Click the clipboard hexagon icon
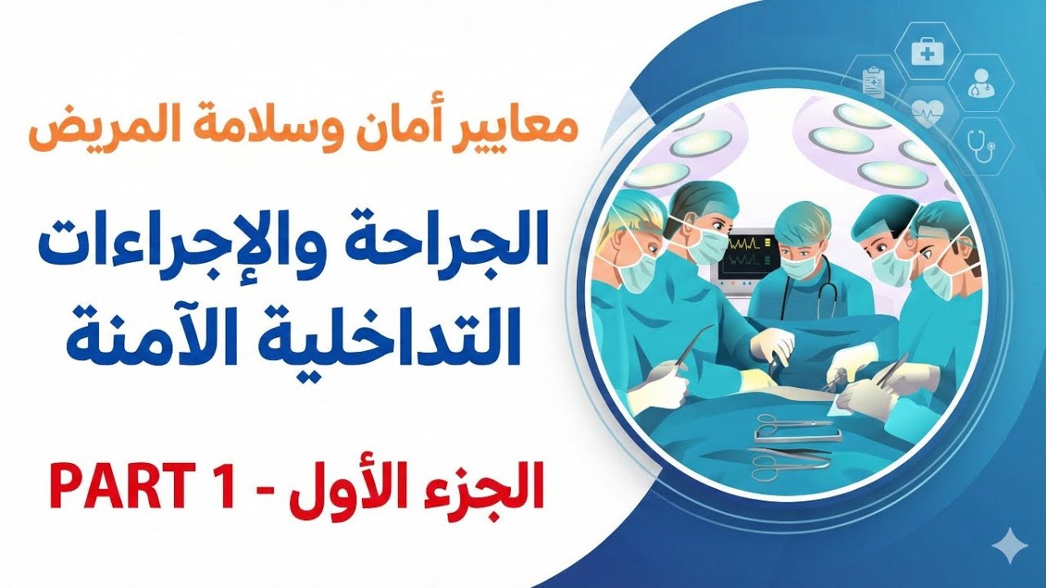coord(873,82)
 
